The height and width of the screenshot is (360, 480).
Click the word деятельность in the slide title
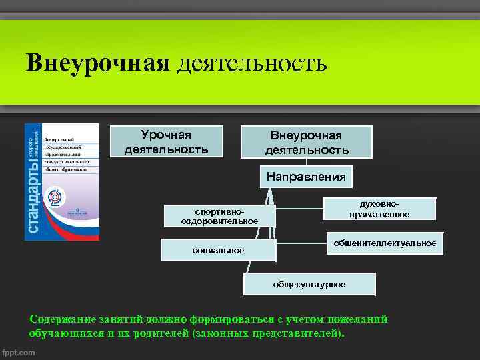click(252, 63)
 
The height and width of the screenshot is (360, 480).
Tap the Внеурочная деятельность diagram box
click(307, 143)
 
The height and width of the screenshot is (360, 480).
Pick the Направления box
click(306, 177)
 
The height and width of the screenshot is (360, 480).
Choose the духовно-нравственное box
click(379, 208)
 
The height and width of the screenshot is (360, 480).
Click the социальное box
click(218, 250)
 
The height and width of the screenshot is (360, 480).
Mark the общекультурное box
click(309, 284)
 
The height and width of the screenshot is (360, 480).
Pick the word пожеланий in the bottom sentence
click(354, 319)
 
